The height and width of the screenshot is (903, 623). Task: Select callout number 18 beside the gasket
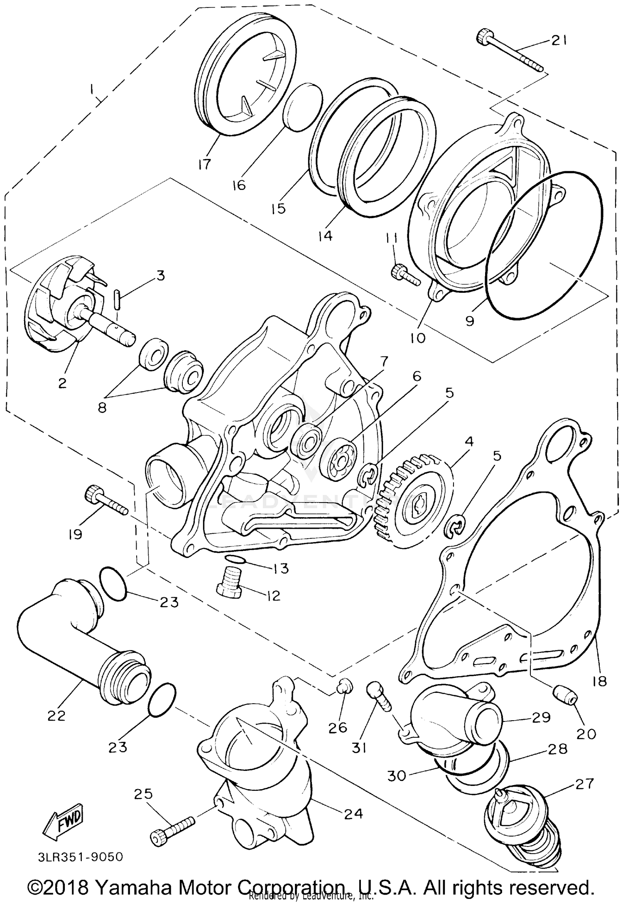tap(600, 681)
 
